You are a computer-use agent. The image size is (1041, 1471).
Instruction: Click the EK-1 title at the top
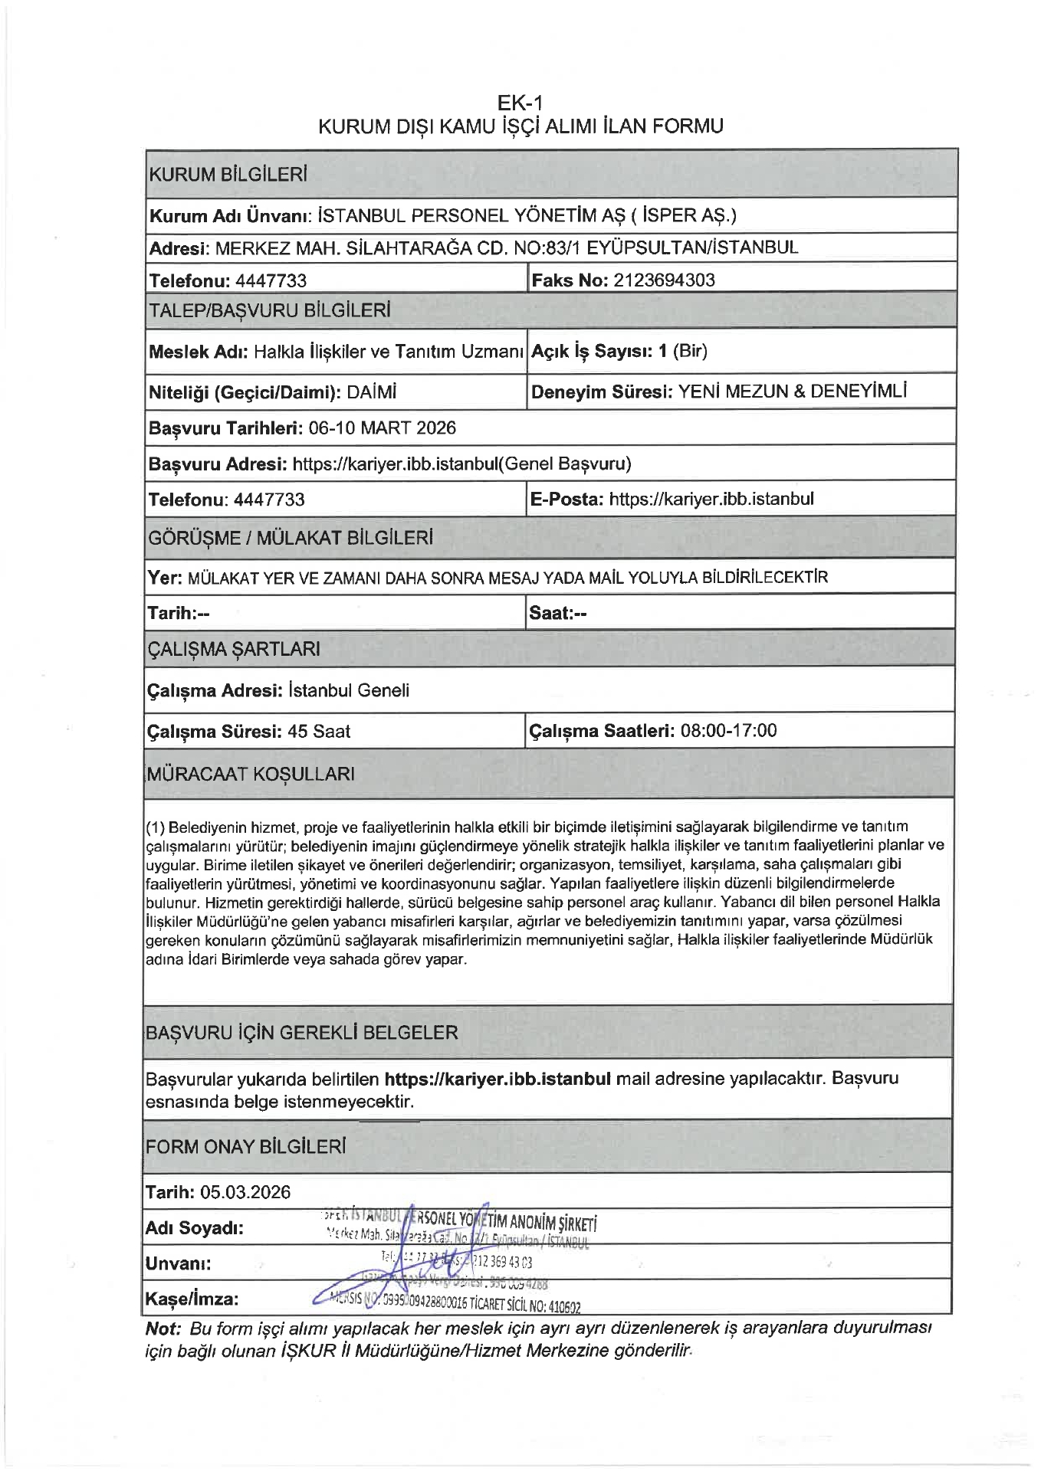pyautogui.click(x=520, y=103)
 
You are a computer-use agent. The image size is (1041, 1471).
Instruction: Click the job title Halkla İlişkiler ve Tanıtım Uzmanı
pyautogui.click(x=389, y=352)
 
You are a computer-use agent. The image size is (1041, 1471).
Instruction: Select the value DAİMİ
pyautogui.click(x=372, y=392)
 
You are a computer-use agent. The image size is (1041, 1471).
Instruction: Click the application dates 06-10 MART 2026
pyautogui.click(x=382, y=428)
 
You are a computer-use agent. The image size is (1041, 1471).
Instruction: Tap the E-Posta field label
pyautogui.click(x=566, y=500)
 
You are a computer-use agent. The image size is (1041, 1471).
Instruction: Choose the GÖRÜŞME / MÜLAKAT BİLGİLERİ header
pyautogui.click(x=290, y=538)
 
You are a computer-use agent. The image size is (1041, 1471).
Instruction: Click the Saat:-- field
pyautogui.click(x=558, y=613)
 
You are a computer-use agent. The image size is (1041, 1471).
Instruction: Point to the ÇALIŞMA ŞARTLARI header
pyautogui.click(x=233, y=649)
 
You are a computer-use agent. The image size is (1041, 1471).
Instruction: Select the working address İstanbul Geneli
pyautogui.click(x=349, y=690)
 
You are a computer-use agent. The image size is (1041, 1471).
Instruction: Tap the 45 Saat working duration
pyautogui.click(x=319, y=731)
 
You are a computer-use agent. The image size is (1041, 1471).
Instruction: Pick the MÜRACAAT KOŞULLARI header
pyautogui.click(x=250, y=774)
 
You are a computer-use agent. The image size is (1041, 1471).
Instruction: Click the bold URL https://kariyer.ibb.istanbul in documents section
pyautogui.click(x=498, y=1079)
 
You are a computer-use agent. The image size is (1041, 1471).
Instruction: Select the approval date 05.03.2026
pyautogui.click(x=245, y=1192)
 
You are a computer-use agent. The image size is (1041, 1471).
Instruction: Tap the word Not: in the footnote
pyautogui.click(x=163, y=1328)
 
